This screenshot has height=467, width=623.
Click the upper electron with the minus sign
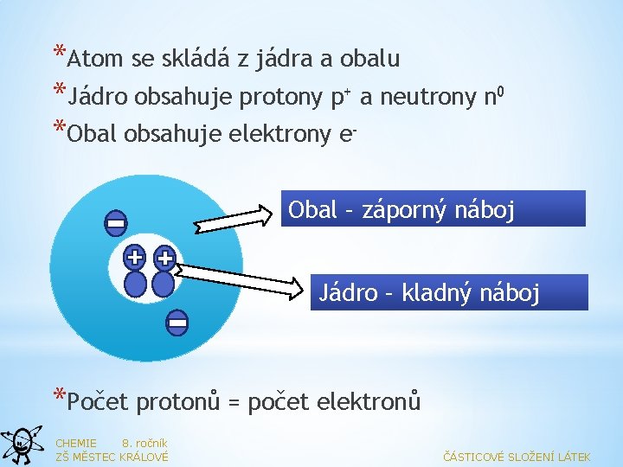115,224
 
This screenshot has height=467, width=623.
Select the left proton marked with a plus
134,257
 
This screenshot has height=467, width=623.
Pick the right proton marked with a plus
164,257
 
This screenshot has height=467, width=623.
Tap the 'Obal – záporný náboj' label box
433,209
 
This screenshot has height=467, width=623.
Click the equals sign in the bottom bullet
232,402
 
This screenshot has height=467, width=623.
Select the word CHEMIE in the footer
75,443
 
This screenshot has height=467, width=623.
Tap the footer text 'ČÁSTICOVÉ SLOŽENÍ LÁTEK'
517,457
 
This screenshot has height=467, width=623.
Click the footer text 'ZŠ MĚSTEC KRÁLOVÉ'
112,457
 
